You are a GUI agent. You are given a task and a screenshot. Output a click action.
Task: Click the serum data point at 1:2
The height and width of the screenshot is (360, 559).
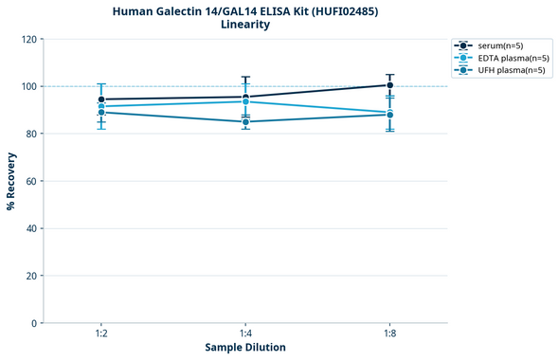pos(100,99)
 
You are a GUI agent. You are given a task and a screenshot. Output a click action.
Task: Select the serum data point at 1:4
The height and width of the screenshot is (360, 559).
pos(245,97)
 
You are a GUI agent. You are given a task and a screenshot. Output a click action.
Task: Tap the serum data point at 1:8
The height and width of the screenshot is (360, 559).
pos(390,85)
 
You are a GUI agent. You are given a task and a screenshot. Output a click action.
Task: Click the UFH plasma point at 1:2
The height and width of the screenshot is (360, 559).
pos(100,112)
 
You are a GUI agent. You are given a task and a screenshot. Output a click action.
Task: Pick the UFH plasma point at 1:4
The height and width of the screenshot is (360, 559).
pos(245,121)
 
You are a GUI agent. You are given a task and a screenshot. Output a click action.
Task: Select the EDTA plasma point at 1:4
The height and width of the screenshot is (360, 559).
pos(245,101)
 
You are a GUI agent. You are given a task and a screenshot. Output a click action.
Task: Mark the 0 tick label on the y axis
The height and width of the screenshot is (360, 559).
pos(34,323)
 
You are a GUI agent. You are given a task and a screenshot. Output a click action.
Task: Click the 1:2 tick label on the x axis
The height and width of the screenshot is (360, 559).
pos(100,333)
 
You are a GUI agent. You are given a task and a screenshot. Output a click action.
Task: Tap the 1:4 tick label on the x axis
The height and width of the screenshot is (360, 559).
pos(245,333)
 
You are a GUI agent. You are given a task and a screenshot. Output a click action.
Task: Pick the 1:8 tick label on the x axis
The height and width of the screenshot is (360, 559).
pos(390,333)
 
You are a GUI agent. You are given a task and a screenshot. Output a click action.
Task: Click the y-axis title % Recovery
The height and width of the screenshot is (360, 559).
pos(11,181)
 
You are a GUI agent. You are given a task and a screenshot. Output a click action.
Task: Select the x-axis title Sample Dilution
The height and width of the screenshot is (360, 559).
pos(245,348)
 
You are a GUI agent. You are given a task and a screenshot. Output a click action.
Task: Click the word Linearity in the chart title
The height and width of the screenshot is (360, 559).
pos(245,25)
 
